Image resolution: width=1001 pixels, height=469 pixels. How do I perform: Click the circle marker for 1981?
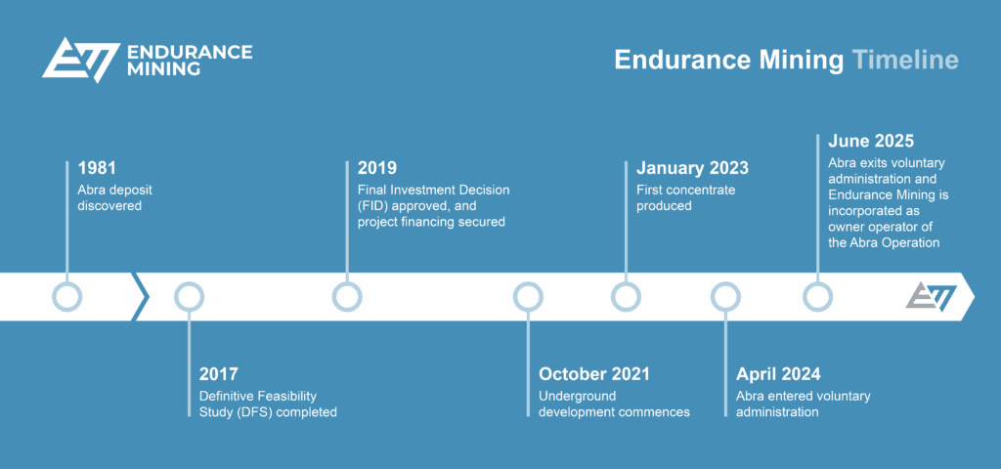66,296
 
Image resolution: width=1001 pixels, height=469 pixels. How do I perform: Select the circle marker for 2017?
189,296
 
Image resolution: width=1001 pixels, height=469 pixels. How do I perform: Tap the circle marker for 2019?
347,296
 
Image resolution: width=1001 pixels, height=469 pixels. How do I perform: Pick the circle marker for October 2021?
528,296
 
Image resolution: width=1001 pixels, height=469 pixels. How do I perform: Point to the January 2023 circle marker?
626,296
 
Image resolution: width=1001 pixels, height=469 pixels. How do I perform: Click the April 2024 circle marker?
725,296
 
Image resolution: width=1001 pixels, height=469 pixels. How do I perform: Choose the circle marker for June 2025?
817,296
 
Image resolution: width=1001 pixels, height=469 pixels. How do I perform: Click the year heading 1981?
99,168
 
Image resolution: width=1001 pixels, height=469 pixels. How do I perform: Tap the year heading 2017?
219,373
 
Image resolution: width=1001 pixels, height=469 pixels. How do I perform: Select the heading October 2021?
594,373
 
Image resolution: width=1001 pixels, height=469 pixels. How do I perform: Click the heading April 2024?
778,373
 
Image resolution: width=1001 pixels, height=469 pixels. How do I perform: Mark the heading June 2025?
871,141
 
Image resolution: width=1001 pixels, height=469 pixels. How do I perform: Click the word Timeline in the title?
904,60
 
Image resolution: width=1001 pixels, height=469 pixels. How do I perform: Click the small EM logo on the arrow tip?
930,296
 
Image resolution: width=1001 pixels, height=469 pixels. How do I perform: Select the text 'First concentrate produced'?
685,197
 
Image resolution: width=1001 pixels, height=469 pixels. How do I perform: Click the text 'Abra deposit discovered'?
114,197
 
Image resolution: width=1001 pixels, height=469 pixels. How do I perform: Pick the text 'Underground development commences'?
614,404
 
